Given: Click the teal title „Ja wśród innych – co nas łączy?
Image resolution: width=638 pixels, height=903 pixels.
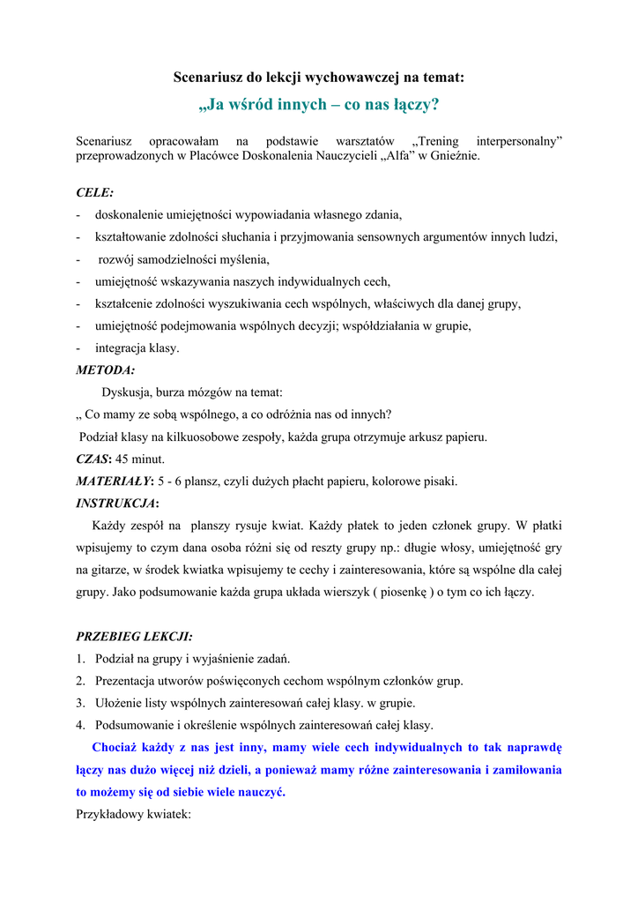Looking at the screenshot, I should coord(318,105).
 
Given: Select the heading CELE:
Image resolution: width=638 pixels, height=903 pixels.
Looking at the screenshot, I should coord(94,191).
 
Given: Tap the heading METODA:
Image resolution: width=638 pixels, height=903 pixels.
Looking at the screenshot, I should coord(106,370).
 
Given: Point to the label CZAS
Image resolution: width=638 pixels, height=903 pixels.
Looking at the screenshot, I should coord(93,459).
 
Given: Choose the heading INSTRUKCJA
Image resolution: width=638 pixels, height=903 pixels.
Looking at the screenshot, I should coord(115,504).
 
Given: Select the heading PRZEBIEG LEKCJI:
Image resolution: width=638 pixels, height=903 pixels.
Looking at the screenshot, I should coord(134,636).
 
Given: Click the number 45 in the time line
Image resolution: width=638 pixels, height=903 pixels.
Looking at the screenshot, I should coord(124,459).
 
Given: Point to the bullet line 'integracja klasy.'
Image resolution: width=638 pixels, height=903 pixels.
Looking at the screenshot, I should coord(137,348).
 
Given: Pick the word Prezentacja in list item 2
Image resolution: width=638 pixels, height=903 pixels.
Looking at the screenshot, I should coord(129,681).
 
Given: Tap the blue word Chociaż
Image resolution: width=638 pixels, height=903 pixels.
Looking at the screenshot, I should coord(115,748).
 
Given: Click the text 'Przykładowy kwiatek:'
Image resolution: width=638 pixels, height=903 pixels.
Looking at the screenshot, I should coord(133,815).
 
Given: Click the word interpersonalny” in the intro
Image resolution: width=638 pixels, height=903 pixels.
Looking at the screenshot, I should coord(519,141).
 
